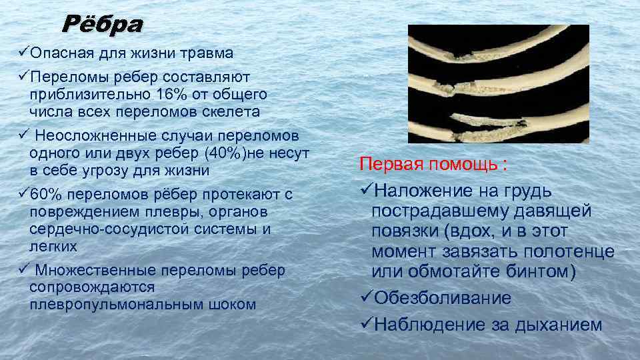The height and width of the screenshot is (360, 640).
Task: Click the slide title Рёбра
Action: [102, 25]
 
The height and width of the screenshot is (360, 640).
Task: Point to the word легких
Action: [53, 246]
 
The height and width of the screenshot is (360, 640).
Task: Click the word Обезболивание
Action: [443, 298]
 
